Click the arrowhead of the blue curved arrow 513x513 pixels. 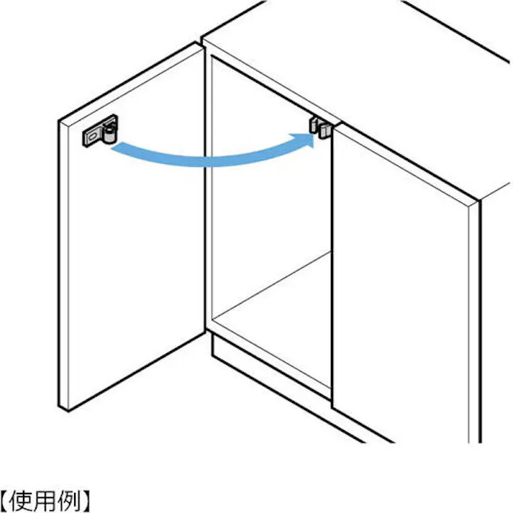[x=305, y=139]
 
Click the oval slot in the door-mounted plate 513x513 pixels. [x=92, y=135]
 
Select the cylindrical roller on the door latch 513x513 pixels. [x=109, y=133]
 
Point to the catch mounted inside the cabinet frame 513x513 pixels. [x=320, y=127]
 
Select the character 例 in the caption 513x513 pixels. [x=68, y=500]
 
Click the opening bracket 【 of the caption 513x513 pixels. [x=4, y=500]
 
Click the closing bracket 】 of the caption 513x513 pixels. [x=85, y=500]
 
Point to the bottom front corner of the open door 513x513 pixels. [x=68, y=411]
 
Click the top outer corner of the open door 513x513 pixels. [x=59, y=120]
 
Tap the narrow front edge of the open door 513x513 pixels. [x=63, y=265]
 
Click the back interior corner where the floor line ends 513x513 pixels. [x=330, y=252]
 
